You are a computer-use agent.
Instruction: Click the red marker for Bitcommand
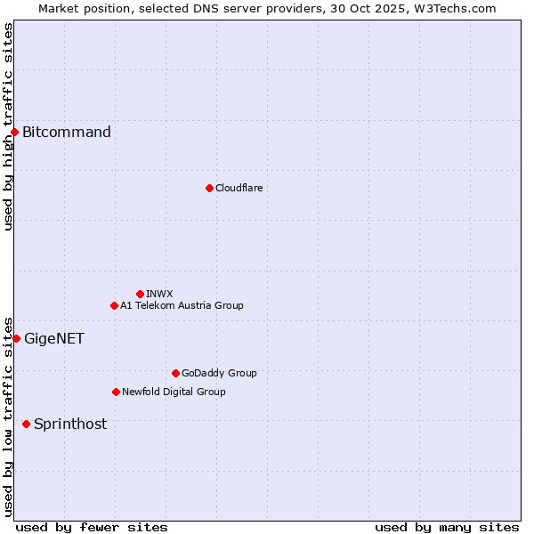(14, 133)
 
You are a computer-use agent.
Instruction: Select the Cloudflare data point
(209, 188)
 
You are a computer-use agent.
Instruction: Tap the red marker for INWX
(140, 294)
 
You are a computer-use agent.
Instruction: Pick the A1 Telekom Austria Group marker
(114, 305)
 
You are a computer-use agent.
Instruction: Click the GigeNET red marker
(16, 338)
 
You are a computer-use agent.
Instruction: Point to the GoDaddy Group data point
(175, 373)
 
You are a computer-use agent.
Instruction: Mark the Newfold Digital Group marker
(116, 392)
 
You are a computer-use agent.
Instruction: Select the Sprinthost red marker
(26, 424)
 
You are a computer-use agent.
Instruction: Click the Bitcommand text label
(67, 133)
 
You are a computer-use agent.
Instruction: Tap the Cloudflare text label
(239, 188)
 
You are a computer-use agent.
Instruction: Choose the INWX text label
(159, 294)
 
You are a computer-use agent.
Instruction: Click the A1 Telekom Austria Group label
(182, 305)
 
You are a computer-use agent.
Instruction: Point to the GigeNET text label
(54, 338)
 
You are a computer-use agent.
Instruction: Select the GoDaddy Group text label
(219, 373)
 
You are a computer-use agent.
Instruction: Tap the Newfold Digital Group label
(174, 392)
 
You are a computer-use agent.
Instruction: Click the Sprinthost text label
(70, 424)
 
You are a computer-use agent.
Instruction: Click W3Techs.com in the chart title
(453, 9)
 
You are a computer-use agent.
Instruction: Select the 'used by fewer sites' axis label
(92, 528)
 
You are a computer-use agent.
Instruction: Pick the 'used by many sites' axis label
(447, 528)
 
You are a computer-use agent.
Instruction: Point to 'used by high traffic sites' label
(9, 126)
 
